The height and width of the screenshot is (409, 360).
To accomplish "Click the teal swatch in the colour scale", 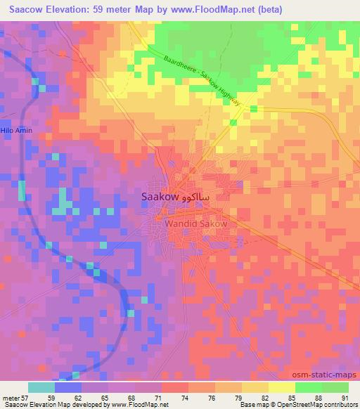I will coord(41,387).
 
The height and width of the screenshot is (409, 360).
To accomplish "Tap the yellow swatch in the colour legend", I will coord(282,387).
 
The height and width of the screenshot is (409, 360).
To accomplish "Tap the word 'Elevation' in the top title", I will coord(68,8).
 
